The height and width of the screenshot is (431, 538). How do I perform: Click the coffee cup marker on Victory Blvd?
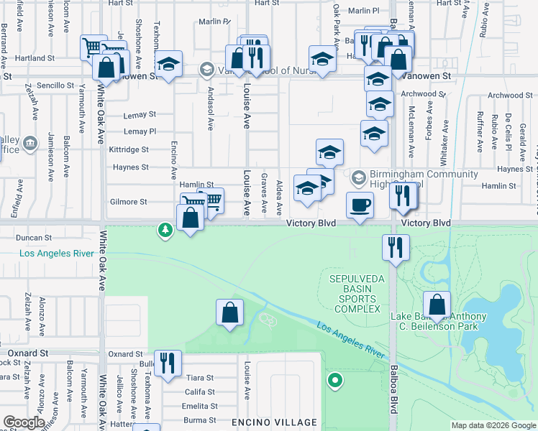[360, 205]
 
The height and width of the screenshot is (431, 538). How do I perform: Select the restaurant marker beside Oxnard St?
[167, 363]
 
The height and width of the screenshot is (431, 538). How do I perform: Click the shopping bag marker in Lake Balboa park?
[437, 304]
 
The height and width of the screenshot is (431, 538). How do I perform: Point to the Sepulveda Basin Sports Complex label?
[354, 294]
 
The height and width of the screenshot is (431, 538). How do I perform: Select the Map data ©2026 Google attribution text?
[493, 425]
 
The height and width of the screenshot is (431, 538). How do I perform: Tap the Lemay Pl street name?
[140, 131]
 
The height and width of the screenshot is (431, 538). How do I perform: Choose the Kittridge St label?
[129, 149]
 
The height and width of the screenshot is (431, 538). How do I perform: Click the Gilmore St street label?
[128, 202]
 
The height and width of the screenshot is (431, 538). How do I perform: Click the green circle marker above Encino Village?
[334, 380]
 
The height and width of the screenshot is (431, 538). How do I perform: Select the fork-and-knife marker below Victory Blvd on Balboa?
[396, 247]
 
